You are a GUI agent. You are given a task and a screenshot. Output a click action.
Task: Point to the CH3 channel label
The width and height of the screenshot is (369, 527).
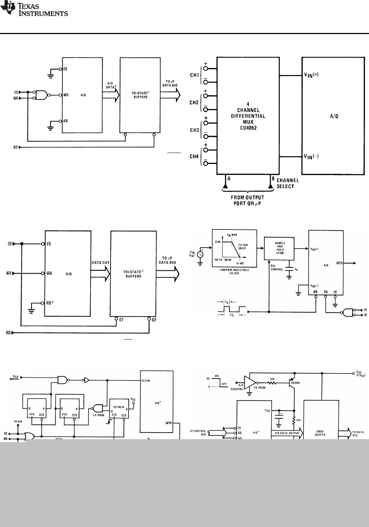point(194,130)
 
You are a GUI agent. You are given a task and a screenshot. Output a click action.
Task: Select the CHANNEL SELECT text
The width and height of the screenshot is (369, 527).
point(288,183)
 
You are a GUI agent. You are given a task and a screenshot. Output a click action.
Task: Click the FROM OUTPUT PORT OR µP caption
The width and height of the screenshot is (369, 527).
point(249,201)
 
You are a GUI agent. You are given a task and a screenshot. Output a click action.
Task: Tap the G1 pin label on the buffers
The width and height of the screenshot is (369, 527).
point(120,320)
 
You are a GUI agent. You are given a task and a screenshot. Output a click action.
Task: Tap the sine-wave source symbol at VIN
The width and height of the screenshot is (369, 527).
point(200,254)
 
